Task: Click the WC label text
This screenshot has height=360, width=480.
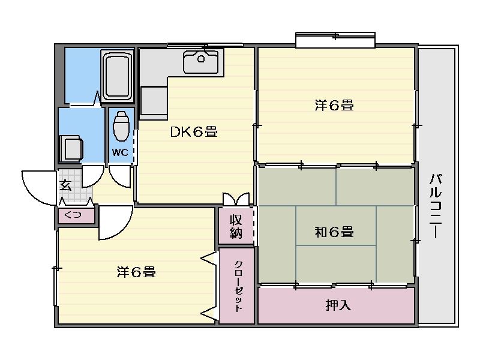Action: pos(120,152)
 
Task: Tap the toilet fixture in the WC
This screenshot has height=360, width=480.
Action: pos(121,126)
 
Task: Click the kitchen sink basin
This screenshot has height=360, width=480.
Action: pos(201,62)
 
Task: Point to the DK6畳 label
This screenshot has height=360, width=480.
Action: pos(194,132)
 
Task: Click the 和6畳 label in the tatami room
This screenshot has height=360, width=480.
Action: pos(334,232)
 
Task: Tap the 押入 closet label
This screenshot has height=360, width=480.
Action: pos(338,305)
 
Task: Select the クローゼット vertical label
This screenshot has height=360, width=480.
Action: pos(238,286)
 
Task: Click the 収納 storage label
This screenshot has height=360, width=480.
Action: pos(236,227)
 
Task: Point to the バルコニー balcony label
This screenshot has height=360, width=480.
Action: pos(436,206)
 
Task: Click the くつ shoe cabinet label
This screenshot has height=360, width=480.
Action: pos(73,215)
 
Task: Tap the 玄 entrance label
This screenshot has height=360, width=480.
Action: pos(65,185)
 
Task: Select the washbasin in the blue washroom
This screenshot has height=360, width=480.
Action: pos(71,149)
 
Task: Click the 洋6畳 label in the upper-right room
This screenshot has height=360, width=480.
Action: pos(334,106)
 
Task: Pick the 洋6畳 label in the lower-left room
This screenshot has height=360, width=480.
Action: pos(136,272)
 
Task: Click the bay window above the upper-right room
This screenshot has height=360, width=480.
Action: pos(335,40)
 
